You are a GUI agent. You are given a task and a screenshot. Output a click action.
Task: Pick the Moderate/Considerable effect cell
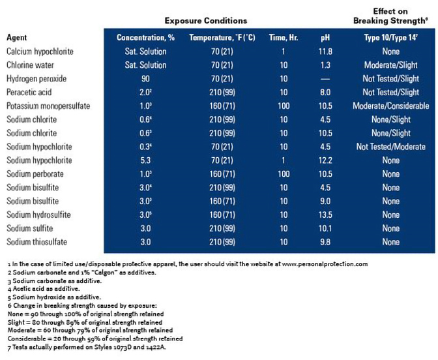(391, 106)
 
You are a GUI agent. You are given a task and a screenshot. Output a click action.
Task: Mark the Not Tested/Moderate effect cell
(391, 147)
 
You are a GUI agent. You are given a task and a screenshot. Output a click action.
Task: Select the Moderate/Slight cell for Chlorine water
(391, 65)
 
